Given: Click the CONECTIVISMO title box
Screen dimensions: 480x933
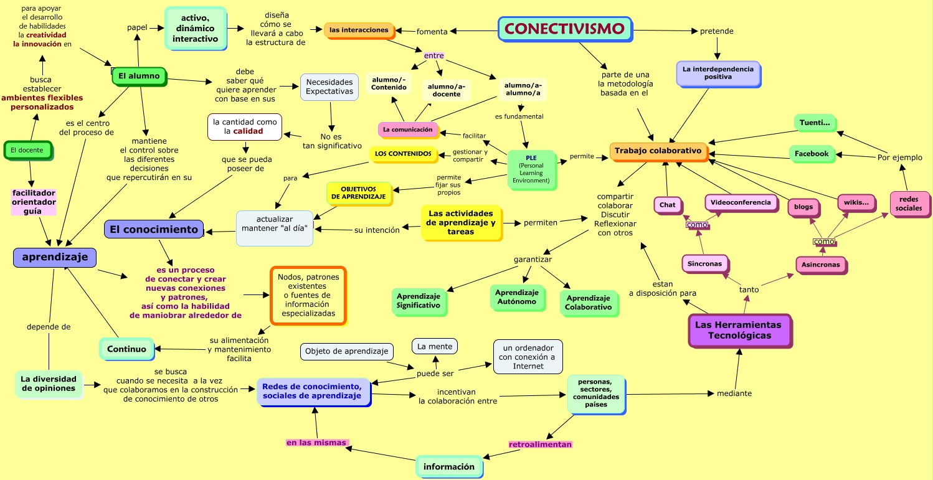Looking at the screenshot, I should tap(564, 29).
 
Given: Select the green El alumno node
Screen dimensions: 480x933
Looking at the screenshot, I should tap(139, 76).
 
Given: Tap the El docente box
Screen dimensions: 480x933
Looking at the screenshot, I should tap(27, 150).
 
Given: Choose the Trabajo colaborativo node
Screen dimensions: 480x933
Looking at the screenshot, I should tap(658, 151).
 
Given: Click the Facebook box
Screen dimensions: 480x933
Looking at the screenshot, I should tap(812, 154).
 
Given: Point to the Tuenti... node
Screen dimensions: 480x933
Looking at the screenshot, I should tap(815, 123).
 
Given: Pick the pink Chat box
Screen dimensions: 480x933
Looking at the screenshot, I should tap(667, 205).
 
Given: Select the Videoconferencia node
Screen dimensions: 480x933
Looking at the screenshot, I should tap(741, 202).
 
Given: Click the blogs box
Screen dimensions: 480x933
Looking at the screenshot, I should tap(803, 207).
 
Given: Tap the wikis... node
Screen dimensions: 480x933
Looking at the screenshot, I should tap(856, 203).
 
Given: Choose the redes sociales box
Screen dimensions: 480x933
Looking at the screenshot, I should tap(909, 204).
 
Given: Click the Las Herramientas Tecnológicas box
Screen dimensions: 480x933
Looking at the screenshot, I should tap(739, 330).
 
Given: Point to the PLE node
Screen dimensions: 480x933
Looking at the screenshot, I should tap(531, 169).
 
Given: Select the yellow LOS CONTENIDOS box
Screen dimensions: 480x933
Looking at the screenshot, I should tap(403, 154).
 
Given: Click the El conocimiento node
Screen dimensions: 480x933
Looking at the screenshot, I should tap(154, 229).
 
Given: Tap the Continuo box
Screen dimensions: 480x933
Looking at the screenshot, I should tap(126, 349).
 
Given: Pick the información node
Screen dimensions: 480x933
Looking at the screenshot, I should tap(449, 467).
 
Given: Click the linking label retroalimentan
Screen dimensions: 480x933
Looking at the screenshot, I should tap(540, 445).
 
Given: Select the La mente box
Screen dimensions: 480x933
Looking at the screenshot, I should tap(435, 346).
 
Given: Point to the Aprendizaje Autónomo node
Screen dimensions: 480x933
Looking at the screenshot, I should tap(516, 297).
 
